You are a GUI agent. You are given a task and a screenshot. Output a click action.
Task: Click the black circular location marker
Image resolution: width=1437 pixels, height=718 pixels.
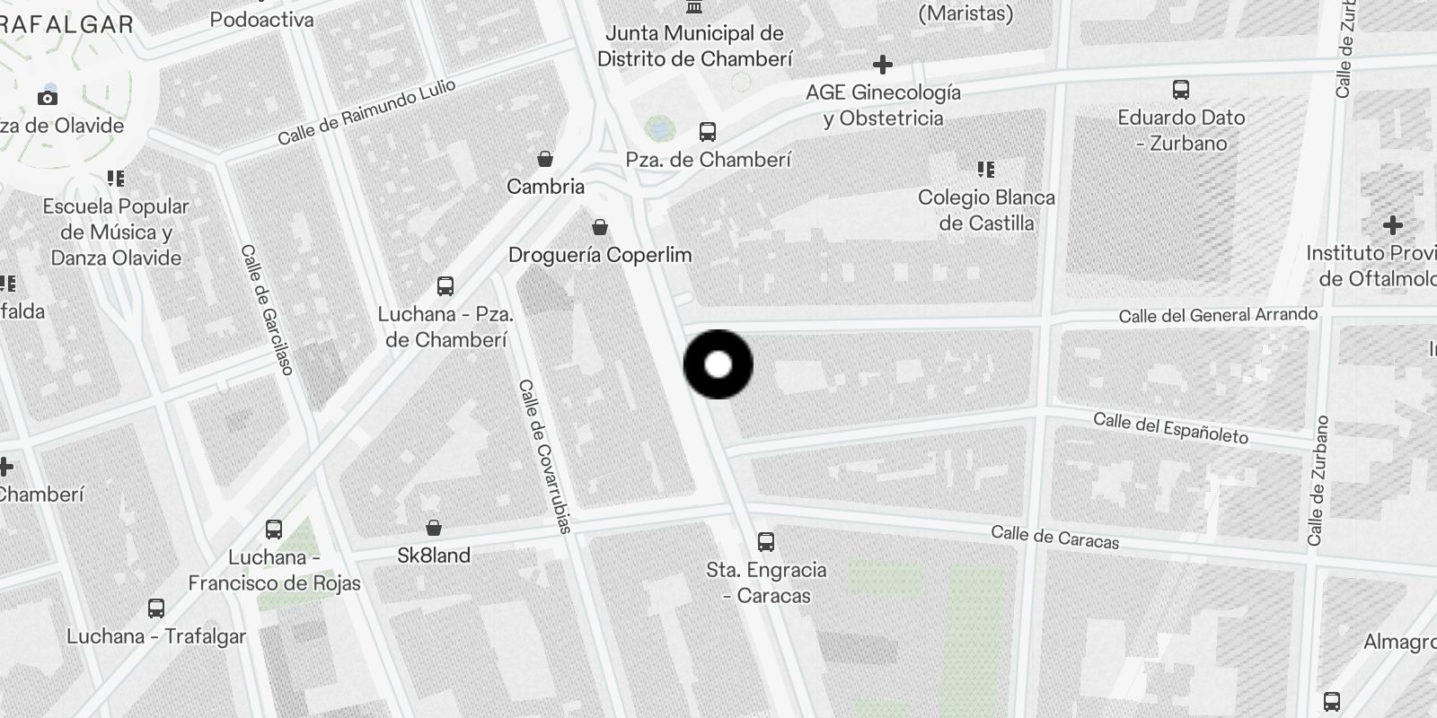tap(718, 364)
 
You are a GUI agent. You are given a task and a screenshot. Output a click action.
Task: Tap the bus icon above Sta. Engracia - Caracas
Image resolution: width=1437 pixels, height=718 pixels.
tap(766, 542)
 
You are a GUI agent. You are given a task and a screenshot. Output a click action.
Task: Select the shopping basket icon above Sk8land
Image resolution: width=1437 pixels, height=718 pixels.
tap(434, 528)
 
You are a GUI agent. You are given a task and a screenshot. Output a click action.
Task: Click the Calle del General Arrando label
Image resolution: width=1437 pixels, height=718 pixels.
tap(1218, 315)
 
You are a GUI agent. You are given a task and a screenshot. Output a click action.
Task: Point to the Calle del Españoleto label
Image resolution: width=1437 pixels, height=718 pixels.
tap(1170, 428)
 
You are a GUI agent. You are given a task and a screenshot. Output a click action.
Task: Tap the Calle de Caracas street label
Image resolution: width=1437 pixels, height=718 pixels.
tap(1055, 537)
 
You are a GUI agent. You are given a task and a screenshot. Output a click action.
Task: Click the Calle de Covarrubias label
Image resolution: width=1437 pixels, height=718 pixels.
tap(544, 456)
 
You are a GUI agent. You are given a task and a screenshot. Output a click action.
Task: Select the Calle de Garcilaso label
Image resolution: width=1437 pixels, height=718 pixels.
tap(267, 310)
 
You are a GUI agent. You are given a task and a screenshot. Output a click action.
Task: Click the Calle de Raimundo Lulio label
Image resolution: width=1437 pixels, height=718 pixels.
tap(366, 112)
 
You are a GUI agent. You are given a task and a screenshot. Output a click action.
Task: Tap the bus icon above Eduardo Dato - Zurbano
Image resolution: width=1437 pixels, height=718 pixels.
tap(1181, 90)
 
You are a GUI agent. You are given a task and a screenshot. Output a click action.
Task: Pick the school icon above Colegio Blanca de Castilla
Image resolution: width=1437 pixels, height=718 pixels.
tap(986, 170)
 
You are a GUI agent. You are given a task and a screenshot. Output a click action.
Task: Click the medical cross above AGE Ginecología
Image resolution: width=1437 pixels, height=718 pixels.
tap(883, 65)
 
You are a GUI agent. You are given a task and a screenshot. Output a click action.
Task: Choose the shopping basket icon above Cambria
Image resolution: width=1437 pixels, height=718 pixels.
tap(545, 160)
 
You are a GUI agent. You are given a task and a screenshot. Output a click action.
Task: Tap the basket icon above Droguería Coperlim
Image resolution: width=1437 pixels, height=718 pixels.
tap(600, 228)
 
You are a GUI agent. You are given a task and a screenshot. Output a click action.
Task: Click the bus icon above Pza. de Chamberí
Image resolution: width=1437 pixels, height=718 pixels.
tap(708, 133)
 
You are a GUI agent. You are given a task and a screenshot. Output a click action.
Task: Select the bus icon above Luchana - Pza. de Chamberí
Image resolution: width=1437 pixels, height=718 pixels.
tap(445, 286)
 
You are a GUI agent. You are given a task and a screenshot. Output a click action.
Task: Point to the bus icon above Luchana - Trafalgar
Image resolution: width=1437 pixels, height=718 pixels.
tap(156, 609)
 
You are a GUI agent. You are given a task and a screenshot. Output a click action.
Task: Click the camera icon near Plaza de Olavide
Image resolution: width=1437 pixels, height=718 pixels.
tap(48, 98)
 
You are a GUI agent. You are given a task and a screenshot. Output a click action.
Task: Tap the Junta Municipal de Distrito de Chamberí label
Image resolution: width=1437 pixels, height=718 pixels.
tap(694, 46)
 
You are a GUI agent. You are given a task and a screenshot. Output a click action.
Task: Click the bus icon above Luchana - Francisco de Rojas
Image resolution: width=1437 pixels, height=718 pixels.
tap(274, 530)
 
